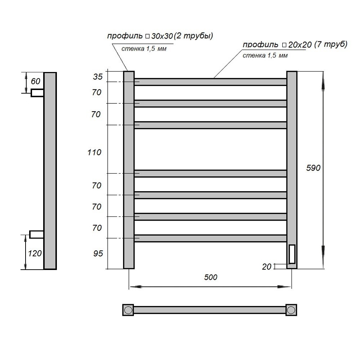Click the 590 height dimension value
313,168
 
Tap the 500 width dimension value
211,277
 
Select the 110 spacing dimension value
94,152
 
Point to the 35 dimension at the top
98,76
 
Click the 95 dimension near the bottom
98,253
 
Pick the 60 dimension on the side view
36,81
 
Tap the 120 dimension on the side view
35,253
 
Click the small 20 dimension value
266,266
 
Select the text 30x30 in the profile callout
162,36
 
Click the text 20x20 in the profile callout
300,45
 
